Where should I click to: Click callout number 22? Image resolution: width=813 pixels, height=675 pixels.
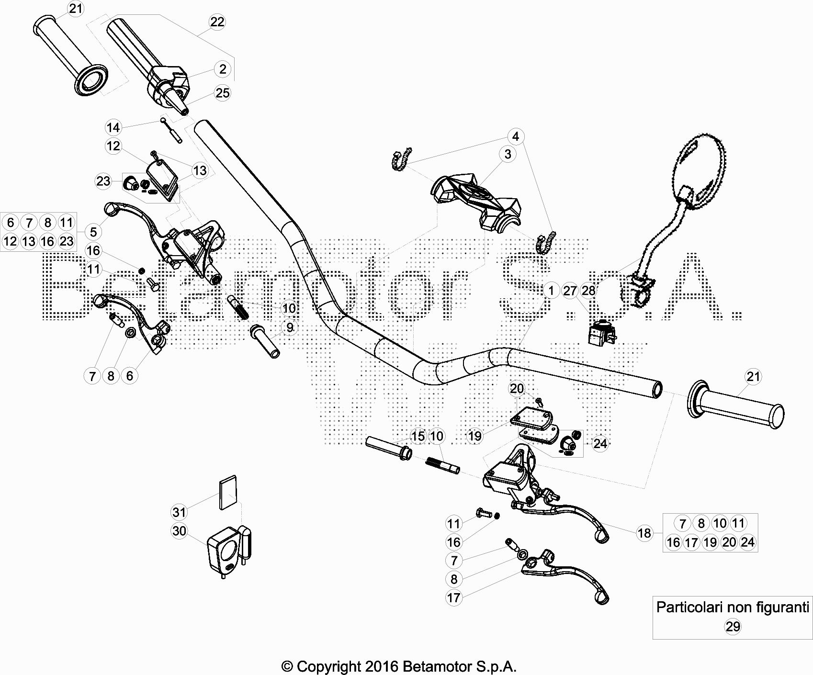217,22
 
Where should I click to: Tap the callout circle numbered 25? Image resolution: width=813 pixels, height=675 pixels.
223,93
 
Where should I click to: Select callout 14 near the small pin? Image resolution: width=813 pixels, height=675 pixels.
113,128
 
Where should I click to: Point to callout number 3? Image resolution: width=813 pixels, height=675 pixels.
508,154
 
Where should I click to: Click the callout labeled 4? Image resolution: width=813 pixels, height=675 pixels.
516,136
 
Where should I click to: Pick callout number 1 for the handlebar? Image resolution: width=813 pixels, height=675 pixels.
551,290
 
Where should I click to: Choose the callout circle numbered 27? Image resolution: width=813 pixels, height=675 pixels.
570,291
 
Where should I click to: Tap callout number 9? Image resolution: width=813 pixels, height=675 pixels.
290,327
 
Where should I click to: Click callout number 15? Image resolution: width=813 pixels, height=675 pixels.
418,436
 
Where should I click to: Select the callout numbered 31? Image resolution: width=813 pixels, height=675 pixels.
179,512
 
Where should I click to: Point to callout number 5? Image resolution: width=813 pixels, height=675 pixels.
93,232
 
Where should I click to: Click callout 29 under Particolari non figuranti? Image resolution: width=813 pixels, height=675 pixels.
733,626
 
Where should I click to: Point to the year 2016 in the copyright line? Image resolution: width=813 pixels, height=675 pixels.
382,666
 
